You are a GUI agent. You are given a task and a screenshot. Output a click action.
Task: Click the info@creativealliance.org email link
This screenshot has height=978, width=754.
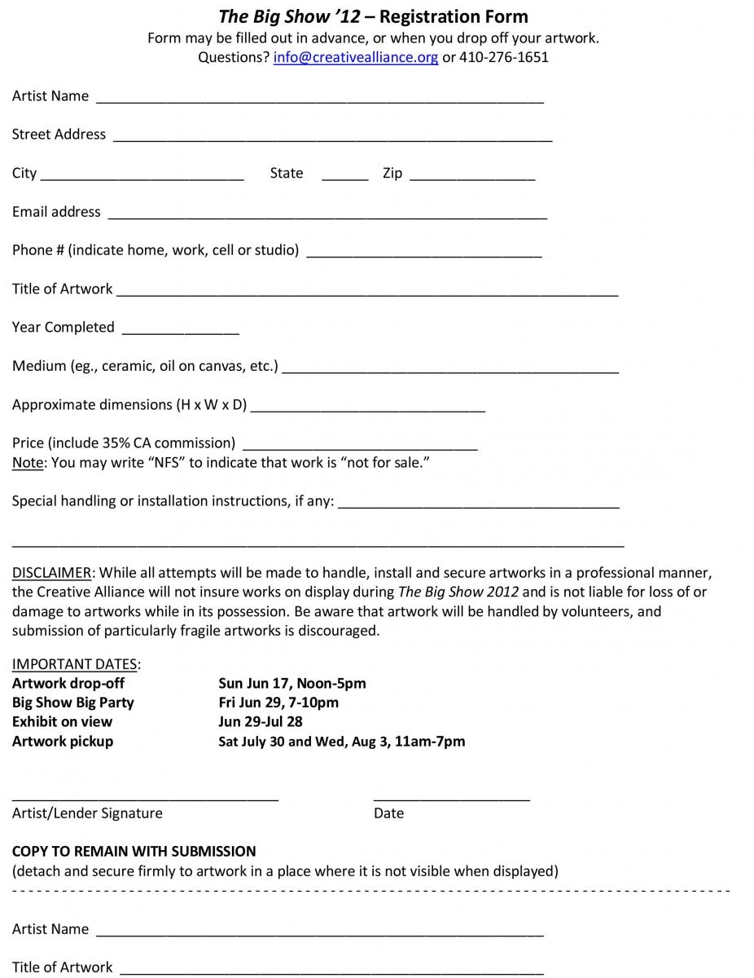coord(355,58)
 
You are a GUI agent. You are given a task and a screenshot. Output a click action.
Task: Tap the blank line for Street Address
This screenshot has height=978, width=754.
coord(332,139)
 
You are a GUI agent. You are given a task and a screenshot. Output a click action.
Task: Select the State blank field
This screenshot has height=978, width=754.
coord(345,177)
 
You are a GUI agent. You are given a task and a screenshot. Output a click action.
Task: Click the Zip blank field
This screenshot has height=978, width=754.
coord(472,177)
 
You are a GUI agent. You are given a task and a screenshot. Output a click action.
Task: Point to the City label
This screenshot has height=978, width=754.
coord(24,174)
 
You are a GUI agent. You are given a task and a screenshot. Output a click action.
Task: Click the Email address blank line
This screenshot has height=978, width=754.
coord(327,216)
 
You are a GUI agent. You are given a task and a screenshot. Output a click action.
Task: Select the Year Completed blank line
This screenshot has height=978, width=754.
coord(180,332)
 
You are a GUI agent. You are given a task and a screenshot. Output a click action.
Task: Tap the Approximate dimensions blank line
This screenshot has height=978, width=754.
coord(368,409)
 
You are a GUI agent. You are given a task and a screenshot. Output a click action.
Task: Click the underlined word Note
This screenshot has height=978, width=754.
coord(28,463)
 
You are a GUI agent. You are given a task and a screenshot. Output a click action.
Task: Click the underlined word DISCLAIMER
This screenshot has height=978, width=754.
coord(52,573)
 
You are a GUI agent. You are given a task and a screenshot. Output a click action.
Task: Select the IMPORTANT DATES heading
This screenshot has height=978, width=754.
coord(75,664)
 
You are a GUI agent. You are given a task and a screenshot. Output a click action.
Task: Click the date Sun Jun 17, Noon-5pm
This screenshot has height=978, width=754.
coord(292,684)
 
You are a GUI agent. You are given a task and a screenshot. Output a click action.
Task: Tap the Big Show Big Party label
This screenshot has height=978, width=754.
coord(73,703)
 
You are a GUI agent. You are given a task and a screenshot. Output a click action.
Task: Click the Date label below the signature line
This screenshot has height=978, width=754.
coord(388,813)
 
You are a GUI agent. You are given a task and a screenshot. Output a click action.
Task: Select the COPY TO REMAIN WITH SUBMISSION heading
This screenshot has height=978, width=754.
coord(134,852)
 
